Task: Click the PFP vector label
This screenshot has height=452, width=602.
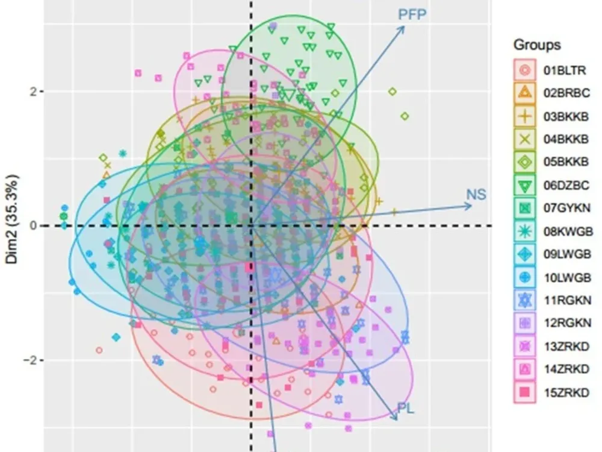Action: coord(412,14)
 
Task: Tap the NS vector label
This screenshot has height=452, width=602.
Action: coord(476,195)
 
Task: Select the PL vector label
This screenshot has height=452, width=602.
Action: coord(406,409)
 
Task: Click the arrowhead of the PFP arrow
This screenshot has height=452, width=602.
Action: coord(403,27)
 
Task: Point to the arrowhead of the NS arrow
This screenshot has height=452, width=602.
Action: coord(471,206)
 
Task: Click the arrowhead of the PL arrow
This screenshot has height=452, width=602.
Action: coord(396,418)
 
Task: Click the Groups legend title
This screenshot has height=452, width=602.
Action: coord(537,45)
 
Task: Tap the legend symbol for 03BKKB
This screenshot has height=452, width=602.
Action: coord(525,116)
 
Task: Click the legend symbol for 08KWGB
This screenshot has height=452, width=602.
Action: coord(525,231)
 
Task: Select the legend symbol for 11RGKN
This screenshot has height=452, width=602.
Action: coord(525,301)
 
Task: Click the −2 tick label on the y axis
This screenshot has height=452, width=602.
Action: coord(29,360)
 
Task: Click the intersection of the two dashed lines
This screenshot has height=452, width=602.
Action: coord(251,226)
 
